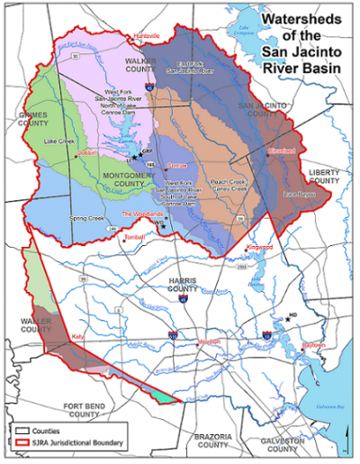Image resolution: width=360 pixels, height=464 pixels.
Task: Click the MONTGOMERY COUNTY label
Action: (130, 179)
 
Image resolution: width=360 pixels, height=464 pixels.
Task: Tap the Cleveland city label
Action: (282, 153)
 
